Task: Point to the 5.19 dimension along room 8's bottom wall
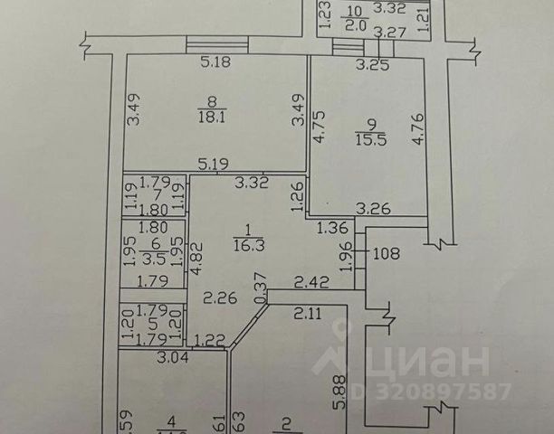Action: (x=214, y=164)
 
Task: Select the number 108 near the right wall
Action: (x=387, y=254)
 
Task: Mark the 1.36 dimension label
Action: (x=333, y=229)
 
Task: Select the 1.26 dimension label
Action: (x=297, y=195)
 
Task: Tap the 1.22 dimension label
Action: (x=208, y=340)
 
